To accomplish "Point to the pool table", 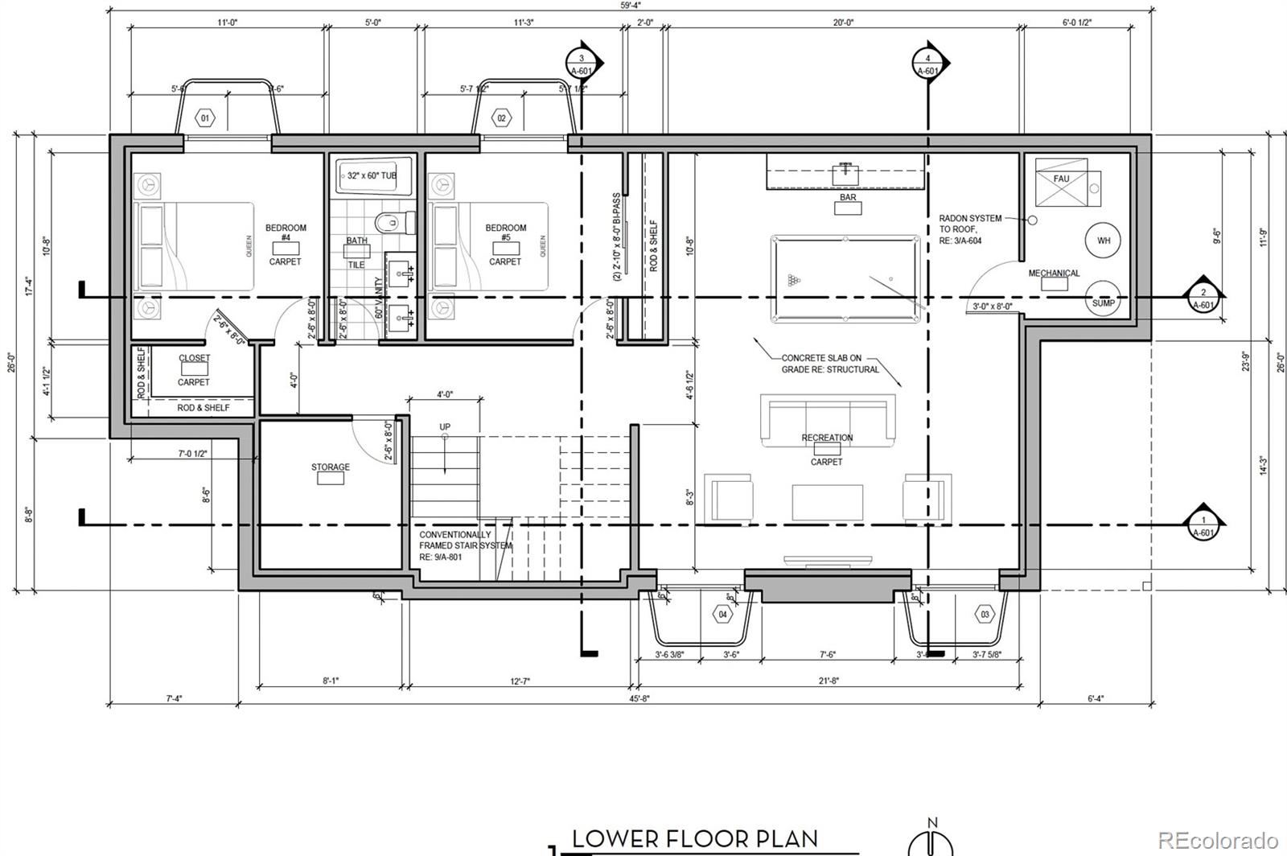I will (845, 279).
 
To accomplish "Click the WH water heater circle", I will (1104, 240).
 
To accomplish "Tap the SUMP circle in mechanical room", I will (1104, 302).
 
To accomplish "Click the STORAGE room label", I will (331, 467).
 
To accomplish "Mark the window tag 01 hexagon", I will (205, 119).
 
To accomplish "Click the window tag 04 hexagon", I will (722, 615).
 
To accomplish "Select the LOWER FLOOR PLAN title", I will (695, 839).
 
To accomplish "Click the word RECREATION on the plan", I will (827, 438).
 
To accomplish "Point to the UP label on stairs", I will (445, 426).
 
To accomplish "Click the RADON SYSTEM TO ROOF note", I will (970, 229).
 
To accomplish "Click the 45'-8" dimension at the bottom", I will (640, 699).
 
